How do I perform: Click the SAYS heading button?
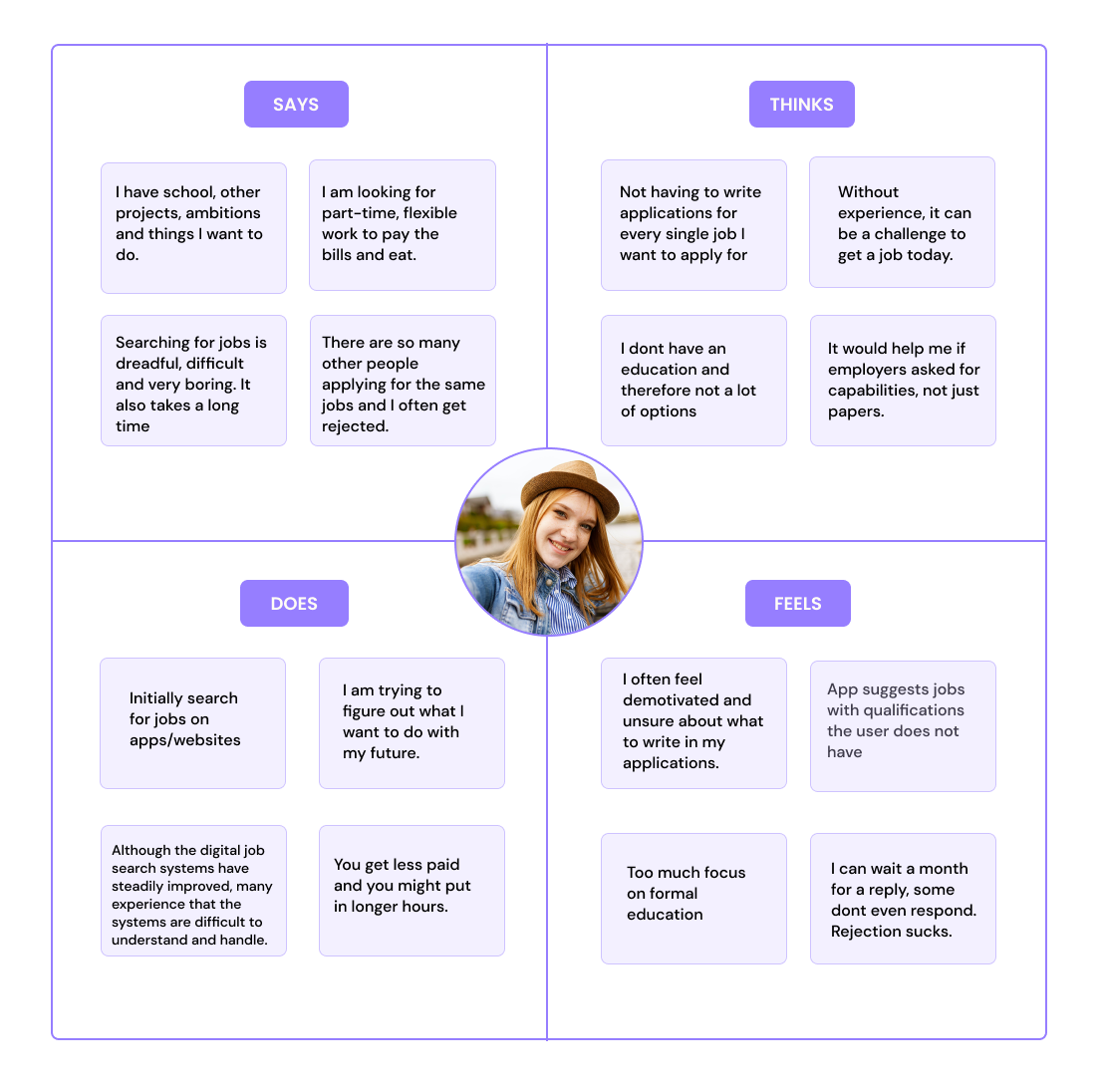[x=296, y=104]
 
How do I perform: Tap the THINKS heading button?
[x=801, y=104]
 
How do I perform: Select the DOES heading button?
[x=294, y=603]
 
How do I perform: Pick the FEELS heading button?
[x=797, y=603]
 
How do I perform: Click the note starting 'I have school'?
[x=193, y=227]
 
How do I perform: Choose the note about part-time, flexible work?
[x=402, y=224]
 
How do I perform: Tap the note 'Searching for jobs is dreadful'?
[x=193, y=381]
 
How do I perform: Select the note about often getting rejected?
[x=403, y=381]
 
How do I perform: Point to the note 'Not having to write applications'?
[x=693, y=224]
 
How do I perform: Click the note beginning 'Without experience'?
[x=902, y=222]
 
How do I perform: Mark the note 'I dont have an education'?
[x=693, y=381]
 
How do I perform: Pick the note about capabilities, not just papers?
[x=903, y=381]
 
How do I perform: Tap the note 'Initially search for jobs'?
[x=192, y=722]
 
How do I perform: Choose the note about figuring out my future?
[x=412, y=722]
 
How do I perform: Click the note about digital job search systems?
[x=193, y=891]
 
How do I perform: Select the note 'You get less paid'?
[x=412, y=891]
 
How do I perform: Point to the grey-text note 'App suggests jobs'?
[x=903, y=725]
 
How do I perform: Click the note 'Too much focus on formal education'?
[x=693, y=898]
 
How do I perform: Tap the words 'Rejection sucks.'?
[x=891, y=932]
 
